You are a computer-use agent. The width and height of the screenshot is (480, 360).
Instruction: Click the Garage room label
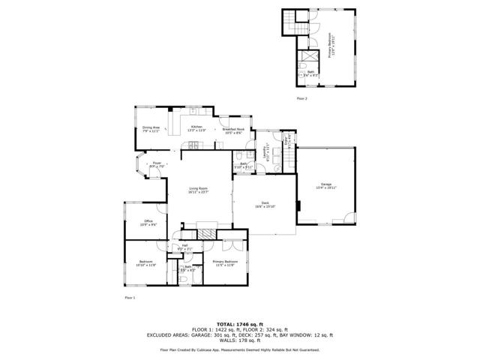(x=325, y=186)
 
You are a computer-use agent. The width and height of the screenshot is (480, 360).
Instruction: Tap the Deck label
(x=265, y=204)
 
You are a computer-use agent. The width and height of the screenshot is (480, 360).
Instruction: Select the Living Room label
(x=198, y=190)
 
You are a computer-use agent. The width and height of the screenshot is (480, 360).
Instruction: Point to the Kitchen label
(x=196, y=128)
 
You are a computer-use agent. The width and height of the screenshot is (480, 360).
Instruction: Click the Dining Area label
(x=151, y=129)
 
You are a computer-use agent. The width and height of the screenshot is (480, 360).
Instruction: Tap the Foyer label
(x=157, y=163)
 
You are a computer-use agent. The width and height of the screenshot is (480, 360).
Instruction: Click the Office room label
(x=149, y=223)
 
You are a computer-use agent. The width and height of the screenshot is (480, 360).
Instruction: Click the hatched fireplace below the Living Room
(x=212, y=233)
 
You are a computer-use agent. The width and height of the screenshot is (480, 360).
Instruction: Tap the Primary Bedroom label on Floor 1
(x=224, y=264)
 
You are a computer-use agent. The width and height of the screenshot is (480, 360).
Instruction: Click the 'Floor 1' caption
(x=130, y=298)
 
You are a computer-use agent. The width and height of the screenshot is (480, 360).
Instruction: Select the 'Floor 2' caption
(x=302, y=98)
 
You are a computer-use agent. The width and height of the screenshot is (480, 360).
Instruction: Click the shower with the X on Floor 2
(x=310, y=58)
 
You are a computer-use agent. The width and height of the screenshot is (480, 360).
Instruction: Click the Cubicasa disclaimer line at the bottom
(x=239, y=349)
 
